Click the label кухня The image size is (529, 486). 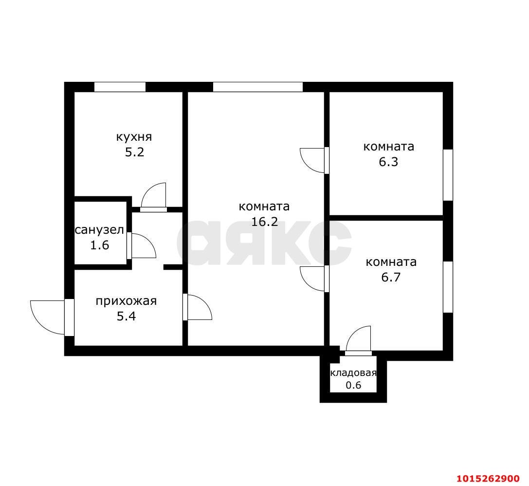134,136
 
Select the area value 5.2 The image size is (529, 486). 134,152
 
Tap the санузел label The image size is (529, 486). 99,229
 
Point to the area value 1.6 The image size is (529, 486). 99,245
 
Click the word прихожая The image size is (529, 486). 126,301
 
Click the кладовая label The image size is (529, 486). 353,373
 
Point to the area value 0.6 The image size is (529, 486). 353,385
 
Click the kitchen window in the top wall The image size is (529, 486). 120,87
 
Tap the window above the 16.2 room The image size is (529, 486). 258,87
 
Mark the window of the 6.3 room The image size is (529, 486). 448,175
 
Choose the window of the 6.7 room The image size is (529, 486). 448,287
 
